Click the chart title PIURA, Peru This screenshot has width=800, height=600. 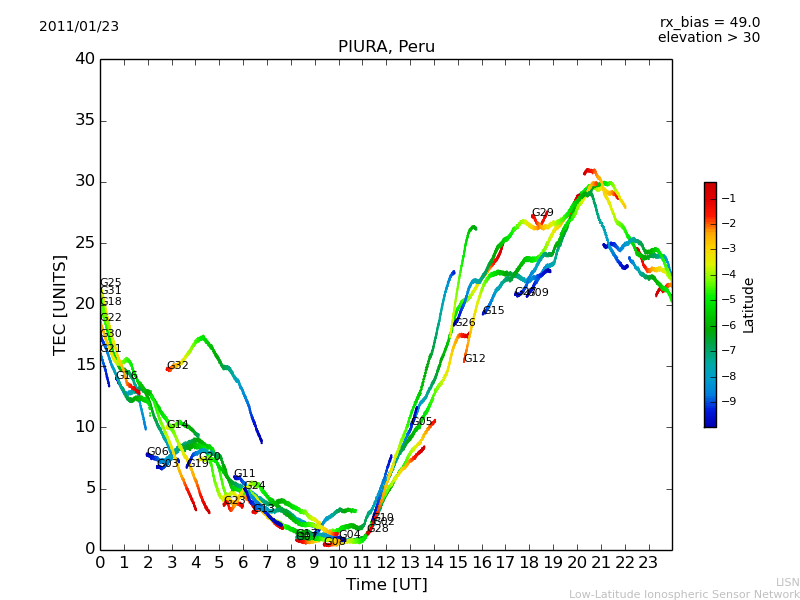coord(386,47)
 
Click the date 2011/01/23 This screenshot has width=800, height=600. coord(79,26)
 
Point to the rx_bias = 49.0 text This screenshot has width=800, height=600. coord(709,22)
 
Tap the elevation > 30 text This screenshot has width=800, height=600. coord(708,38)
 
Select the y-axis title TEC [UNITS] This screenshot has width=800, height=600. coord(61,304)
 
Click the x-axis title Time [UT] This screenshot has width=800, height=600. coord(386,585)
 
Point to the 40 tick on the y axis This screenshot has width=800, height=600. coord(85,59)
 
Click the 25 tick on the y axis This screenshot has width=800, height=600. coord(85,243)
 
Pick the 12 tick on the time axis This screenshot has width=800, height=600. coord(386,563)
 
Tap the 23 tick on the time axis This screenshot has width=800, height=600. coord(648,563)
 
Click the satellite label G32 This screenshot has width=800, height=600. coord(178,366)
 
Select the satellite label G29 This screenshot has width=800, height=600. coord(543,213)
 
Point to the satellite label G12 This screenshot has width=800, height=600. coord(475,359)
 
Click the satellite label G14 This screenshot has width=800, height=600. coord(178,425)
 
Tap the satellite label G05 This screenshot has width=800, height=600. coord(422,422)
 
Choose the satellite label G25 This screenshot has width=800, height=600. coord(111,283)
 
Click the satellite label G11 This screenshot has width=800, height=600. coord(245,474)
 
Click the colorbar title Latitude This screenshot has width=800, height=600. coord(749,305)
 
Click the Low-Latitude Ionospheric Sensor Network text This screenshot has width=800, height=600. coord(684,595)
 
